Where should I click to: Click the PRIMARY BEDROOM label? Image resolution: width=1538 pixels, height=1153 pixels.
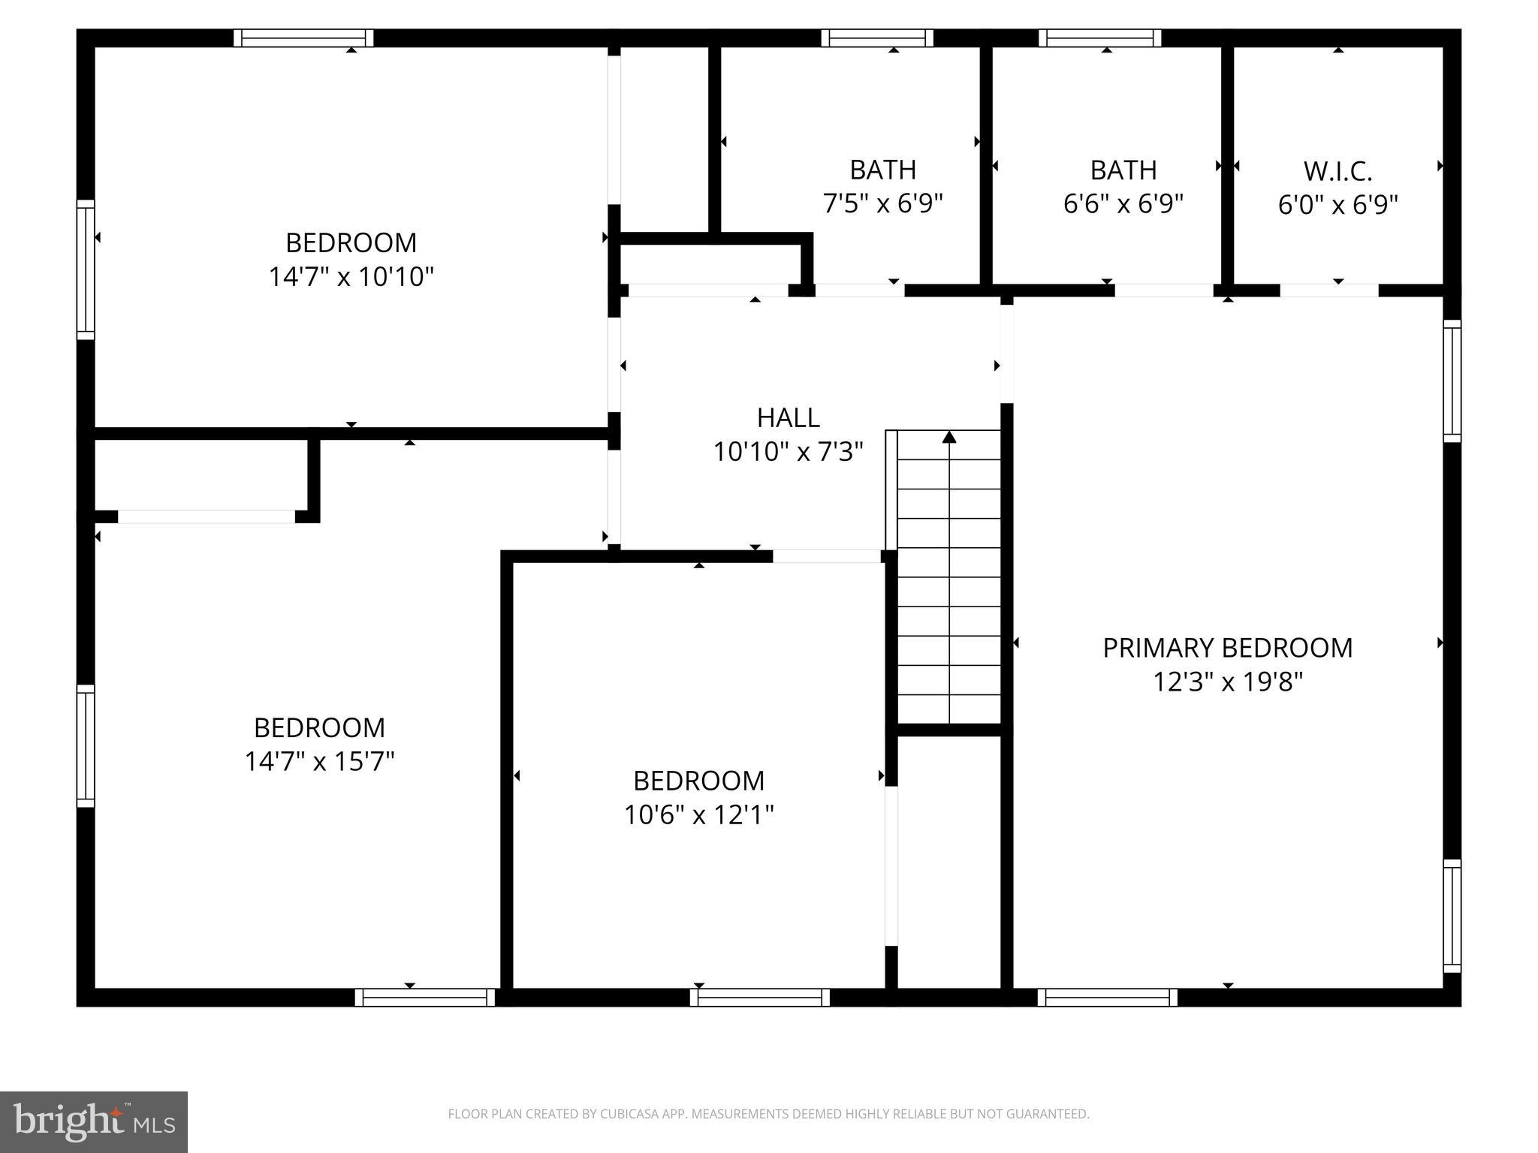coord(1227,648)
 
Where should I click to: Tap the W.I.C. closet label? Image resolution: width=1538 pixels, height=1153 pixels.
coord(1337,171)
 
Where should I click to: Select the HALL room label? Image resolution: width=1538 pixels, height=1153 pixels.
coord(788,417)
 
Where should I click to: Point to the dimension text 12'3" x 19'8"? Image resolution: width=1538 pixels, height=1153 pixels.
coord(1227,682)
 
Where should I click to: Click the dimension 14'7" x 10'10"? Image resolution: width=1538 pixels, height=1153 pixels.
coord(351,277)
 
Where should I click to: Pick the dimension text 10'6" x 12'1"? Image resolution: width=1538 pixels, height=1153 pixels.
coord(698,814)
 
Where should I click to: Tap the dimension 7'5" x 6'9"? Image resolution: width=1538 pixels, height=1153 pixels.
coord(882,203)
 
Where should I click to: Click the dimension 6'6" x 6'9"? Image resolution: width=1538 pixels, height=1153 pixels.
coord(1123,203)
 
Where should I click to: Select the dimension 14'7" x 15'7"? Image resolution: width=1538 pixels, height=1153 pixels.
coord(319,762)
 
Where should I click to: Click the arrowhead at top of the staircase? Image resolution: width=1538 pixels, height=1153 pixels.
coord(949,437)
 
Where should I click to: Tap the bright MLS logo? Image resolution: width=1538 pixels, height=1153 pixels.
coord(94,1122)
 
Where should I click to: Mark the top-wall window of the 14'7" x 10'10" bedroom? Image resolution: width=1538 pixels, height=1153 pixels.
coord(303,38)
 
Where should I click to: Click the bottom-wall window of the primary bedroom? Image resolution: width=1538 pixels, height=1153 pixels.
coord(1108,998)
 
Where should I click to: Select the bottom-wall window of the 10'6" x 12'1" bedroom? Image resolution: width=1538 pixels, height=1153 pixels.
coord(760,998)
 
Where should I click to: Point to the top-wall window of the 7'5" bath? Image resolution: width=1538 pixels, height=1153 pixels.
coord(877,38)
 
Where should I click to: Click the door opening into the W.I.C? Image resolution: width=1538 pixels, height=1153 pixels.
coord(1329,291)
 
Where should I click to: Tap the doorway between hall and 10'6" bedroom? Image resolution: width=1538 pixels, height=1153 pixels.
coord(826,556)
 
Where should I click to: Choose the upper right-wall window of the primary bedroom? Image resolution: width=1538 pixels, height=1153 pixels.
coord(1452,381)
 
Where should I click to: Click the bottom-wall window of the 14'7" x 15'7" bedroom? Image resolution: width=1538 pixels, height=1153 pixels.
coord(425,998)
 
